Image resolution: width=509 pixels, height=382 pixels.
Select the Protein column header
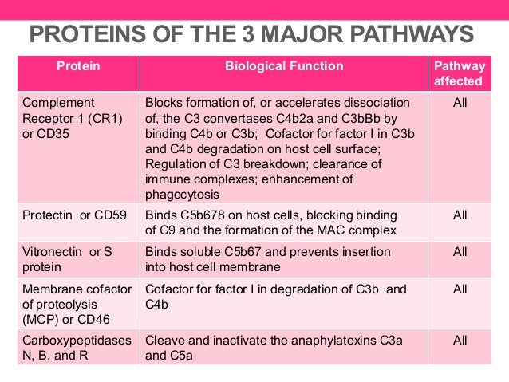click(x=78, y=66)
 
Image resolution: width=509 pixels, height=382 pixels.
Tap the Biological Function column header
click(x=283, y=66)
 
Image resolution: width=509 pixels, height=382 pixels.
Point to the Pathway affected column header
click(x=459, y=73)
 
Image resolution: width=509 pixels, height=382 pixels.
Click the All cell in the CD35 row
click(x=460, y=103)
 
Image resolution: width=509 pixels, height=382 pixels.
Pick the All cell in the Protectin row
click(x=460, y=215)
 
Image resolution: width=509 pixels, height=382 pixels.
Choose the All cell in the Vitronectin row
click(x=460, y=252)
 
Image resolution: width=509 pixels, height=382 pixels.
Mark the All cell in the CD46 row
click(x=460, y=289)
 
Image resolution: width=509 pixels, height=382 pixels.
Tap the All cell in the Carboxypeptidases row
click(x=460, y=339)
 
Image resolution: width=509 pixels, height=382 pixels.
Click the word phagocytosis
click(x=184, y=194)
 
